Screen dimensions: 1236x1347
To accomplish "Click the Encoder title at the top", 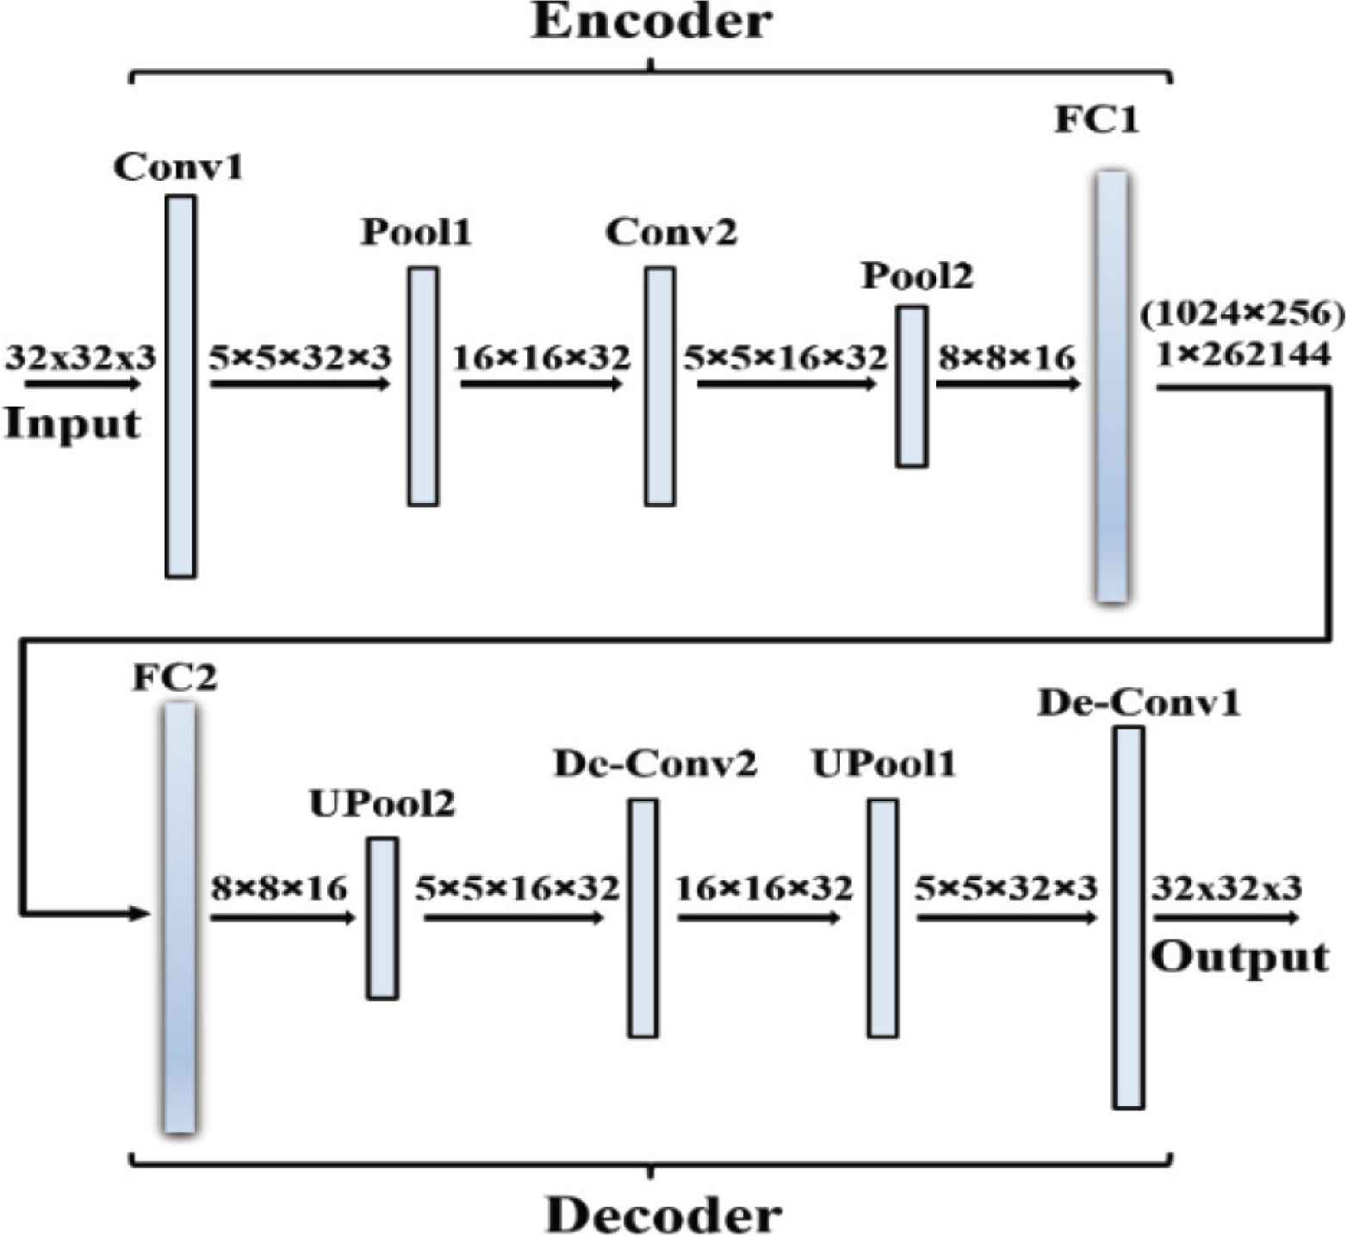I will tap(652, 22).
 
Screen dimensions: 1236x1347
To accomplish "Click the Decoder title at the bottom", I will tap(663, 1214).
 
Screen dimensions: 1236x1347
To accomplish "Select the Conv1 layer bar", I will tap(180, 386).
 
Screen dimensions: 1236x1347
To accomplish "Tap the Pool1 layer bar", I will tap(423, 386).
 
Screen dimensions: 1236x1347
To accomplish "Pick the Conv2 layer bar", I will tap(660, 386).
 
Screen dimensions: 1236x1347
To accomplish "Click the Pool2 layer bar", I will tap(912, 387).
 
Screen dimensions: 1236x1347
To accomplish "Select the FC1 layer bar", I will tap(1111, 386).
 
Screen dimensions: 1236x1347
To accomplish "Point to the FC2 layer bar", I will tap(179, 916).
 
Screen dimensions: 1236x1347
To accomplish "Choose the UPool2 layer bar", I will tap(383, 918).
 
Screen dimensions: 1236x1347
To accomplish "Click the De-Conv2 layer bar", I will tap(642, 918).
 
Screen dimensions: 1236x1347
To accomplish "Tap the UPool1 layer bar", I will tap(882, 918).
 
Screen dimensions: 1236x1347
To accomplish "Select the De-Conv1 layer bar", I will tap(1128, 918).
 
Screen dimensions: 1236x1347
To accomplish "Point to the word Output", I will tap(1240, 958).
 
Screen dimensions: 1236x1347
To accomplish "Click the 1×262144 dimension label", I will tap(1243, 354).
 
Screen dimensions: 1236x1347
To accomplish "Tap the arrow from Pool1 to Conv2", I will tap(541, 383).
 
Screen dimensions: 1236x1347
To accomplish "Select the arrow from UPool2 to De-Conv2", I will tap(513, 919).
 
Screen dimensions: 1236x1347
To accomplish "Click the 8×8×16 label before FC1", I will tap(1007, 357).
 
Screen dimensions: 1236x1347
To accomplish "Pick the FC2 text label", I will tap(175, 678).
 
